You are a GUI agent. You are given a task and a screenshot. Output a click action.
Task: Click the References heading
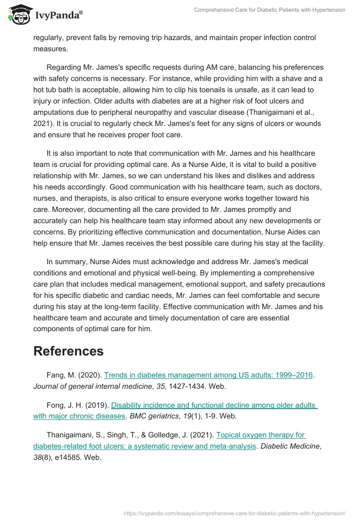(x=68, y=351)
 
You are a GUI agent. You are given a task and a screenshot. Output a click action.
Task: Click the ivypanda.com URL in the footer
(x=234, y=513)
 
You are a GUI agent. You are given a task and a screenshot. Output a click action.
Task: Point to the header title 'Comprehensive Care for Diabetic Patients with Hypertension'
(x=270, y=9)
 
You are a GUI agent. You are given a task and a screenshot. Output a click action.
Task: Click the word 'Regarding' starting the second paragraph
(x=63, y=67)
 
